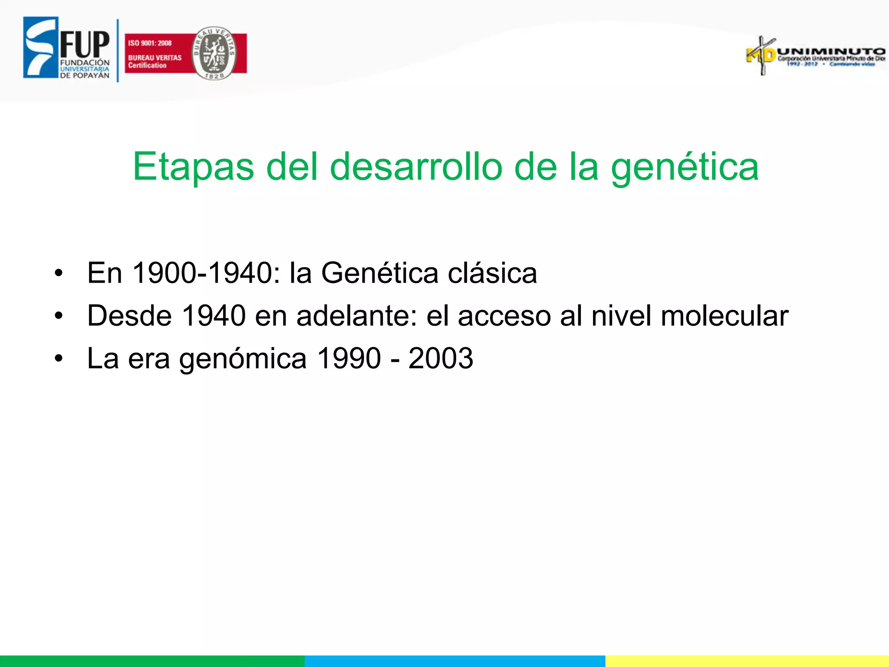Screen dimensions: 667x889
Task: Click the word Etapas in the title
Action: pyautogui.click(x=193, y=168)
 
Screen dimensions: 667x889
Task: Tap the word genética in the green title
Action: pyautogui.click(x=685, y=168)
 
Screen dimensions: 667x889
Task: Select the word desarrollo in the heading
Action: pyautogui.click(x=416, y=168)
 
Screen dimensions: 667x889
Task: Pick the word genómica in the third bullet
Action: pyautogui.click(x=243, y=359)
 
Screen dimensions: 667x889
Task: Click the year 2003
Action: pyautogui.click(x=441, y=358)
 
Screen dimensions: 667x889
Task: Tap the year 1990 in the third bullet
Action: pyautogui.click(x=349, y=358)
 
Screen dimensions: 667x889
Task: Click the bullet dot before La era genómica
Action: pyautogui.click(x=59, y=359)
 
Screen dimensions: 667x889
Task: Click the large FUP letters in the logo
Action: pyautogui.click(x=85, y=44)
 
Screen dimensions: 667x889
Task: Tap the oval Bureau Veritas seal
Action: pyautogui.click(x=214, y=53)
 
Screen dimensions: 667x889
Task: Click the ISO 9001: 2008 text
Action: pyautogui.click(x=150, y=43)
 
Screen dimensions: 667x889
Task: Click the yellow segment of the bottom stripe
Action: pyautogui.click(x=747, y=661)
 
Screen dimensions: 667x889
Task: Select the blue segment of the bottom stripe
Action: pyautogui.click(x=454, y=661)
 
